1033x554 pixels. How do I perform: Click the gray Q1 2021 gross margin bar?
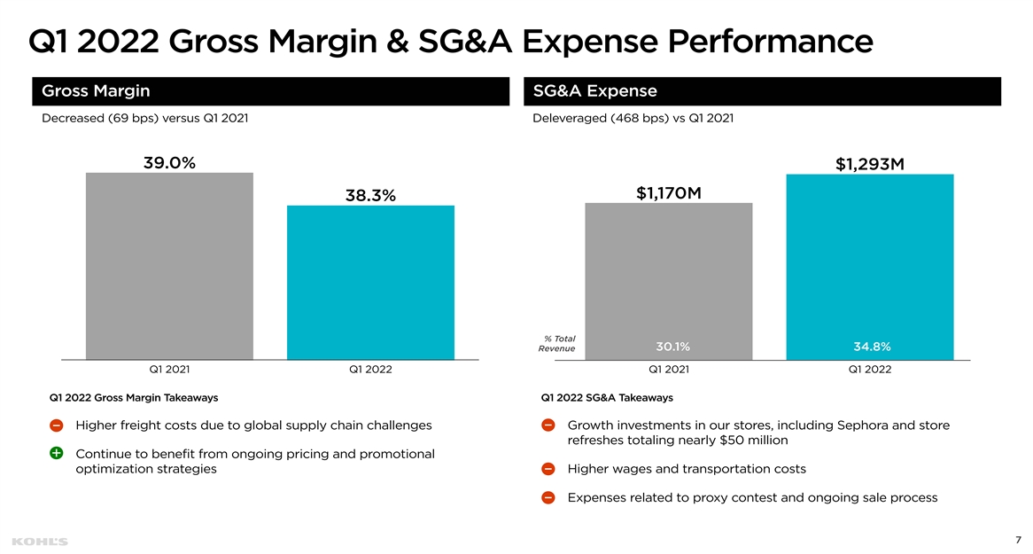coord(169,266)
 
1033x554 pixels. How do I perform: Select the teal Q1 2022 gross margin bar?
coord(370,282)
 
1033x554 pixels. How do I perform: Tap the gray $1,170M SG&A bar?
coord(669,281)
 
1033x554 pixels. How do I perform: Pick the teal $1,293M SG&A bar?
coord(870,267)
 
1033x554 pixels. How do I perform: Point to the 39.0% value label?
coord(169,163)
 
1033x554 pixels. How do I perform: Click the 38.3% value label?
coord(370,195)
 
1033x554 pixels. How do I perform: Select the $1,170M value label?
coord(669,192)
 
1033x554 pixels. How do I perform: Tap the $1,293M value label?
coord(870,164)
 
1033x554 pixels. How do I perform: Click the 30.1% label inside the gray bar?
coord(672,347)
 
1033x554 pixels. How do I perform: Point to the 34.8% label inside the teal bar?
coord(872,347)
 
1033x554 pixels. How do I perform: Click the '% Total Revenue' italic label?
coord(556,344)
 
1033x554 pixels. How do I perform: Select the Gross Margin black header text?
coord(96,91)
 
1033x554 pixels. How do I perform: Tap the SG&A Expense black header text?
coord(594,91)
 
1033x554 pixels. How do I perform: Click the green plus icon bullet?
coord(57,453)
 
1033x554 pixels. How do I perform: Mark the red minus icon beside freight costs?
coord(57,425)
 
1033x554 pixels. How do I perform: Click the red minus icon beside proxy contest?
coord(548,497)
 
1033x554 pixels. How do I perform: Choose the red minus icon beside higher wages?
coord(548,469)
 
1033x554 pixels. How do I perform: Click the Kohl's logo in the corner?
coord(40,542)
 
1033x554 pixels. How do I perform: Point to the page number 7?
coord(1018,540)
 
